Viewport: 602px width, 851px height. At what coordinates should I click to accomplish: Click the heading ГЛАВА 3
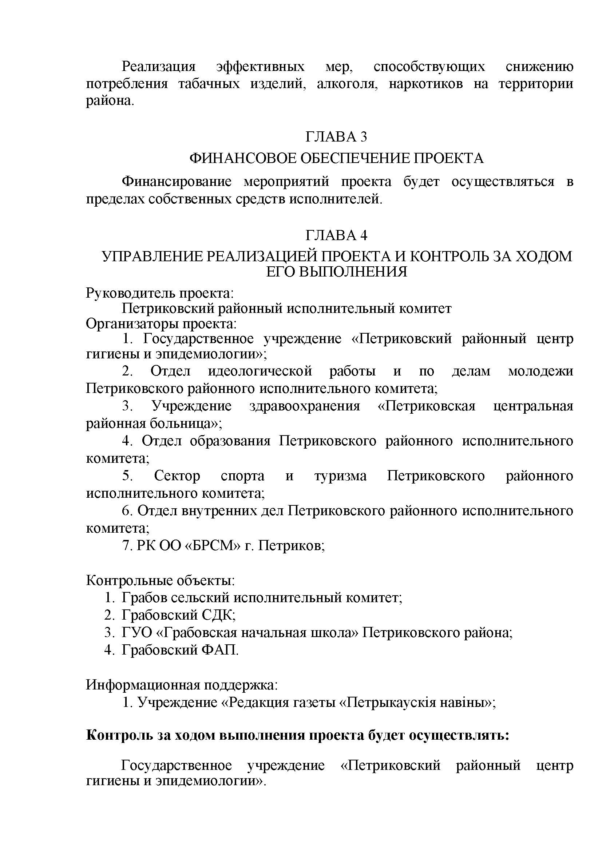pyautogui.click(x=336, y=137)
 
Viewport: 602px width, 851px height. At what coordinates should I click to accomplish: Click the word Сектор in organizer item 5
pyautogui.click(x=177, y=476)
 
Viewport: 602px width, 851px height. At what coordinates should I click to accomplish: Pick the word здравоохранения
pyautogui.click(x=304, y=406)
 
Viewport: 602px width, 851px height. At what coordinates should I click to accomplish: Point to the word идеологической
pyautogui.click(x=260, y=371)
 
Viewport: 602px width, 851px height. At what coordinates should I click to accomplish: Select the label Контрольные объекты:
pyautogui.click(x=160, y=580)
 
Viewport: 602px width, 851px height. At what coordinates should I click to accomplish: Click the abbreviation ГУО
pyautogui.click(x=137, y=633)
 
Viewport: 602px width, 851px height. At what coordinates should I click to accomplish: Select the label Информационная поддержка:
pyautogui.click(x=182, y=685)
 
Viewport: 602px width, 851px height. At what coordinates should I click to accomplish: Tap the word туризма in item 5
pyautogui.click(x=340, y=476)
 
